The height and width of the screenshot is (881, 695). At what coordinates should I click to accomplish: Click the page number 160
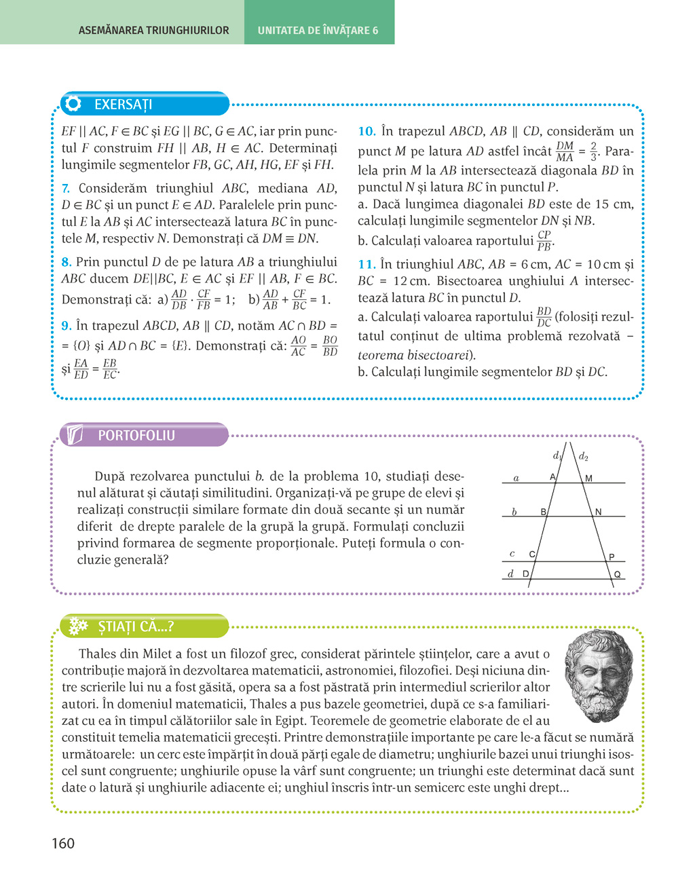63,844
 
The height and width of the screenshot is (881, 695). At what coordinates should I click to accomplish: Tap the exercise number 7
65,189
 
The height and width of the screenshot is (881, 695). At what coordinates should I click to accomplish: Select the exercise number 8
66,262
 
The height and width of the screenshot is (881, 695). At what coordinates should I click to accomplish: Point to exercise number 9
66,326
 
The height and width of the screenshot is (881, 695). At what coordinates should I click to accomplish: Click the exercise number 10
367,132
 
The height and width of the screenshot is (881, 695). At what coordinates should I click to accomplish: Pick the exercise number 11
367,265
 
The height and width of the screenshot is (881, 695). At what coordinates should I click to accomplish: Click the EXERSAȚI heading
123,105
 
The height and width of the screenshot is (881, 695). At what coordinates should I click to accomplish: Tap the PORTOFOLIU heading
136,436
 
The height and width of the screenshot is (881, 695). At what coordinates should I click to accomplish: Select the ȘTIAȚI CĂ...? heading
136,626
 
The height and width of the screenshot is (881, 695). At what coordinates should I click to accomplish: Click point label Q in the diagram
617,574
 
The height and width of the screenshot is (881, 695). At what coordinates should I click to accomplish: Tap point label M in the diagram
588,479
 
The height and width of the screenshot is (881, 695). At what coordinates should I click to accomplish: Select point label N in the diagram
598,512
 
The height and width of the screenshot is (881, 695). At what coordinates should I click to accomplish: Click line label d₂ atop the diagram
583,457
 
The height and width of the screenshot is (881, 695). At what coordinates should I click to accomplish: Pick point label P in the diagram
612,557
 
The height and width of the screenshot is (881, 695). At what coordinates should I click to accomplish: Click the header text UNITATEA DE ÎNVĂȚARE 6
318,31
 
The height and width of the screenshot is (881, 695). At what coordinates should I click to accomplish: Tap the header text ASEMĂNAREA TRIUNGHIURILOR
154,31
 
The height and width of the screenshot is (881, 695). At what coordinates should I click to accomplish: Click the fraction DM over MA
565,151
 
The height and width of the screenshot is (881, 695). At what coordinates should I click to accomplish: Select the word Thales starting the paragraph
97,654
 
